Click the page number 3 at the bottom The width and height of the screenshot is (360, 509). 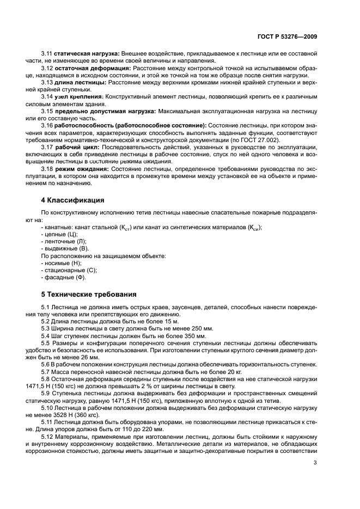(x=315, y=463)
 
